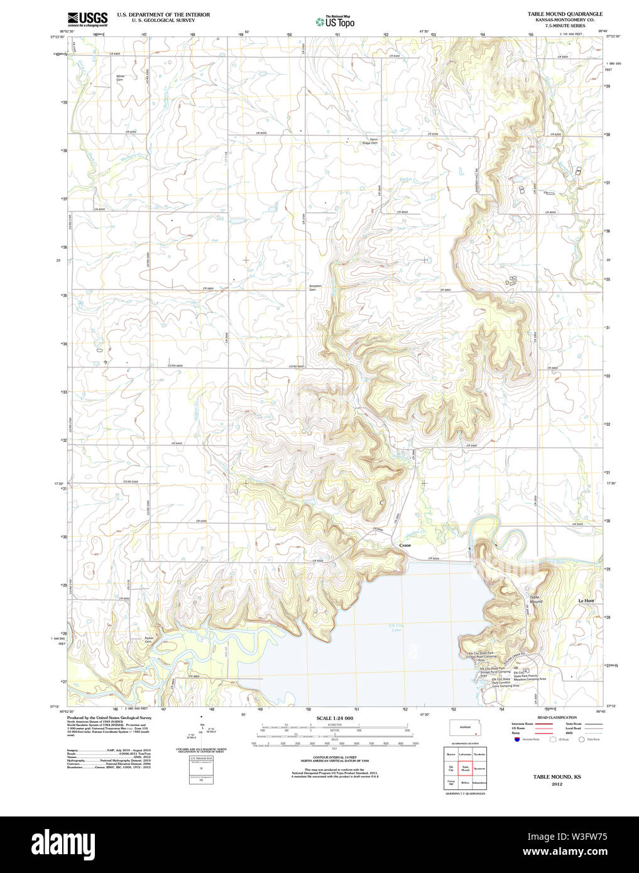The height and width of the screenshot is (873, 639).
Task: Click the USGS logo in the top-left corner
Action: click(x=87, y=19)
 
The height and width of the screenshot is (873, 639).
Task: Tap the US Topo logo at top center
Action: click(x=335, y=22)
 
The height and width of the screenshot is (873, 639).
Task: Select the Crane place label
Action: click(x=405, y=545)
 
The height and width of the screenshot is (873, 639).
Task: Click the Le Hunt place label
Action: click(x=586, y=601)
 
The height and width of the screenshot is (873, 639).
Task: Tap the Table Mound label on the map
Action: click(x=535, y=599)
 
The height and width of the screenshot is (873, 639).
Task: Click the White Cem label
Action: click(x=120, y=78)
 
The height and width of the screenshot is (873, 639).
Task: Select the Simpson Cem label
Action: click(x=315, y=288)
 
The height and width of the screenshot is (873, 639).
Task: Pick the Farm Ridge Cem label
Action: click(x=369, y=141)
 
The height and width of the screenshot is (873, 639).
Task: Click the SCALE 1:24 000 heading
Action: click(x=334, y=718)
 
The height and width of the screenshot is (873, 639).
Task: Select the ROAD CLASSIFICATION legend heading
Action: click(x=557, y=717)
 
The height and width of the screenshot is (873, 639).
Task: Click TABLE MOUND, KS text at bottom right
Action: click(x=557, y=777)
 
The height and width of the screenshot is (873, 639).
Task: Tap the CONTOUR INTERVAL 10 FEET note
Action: click(x=334, y=758)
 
